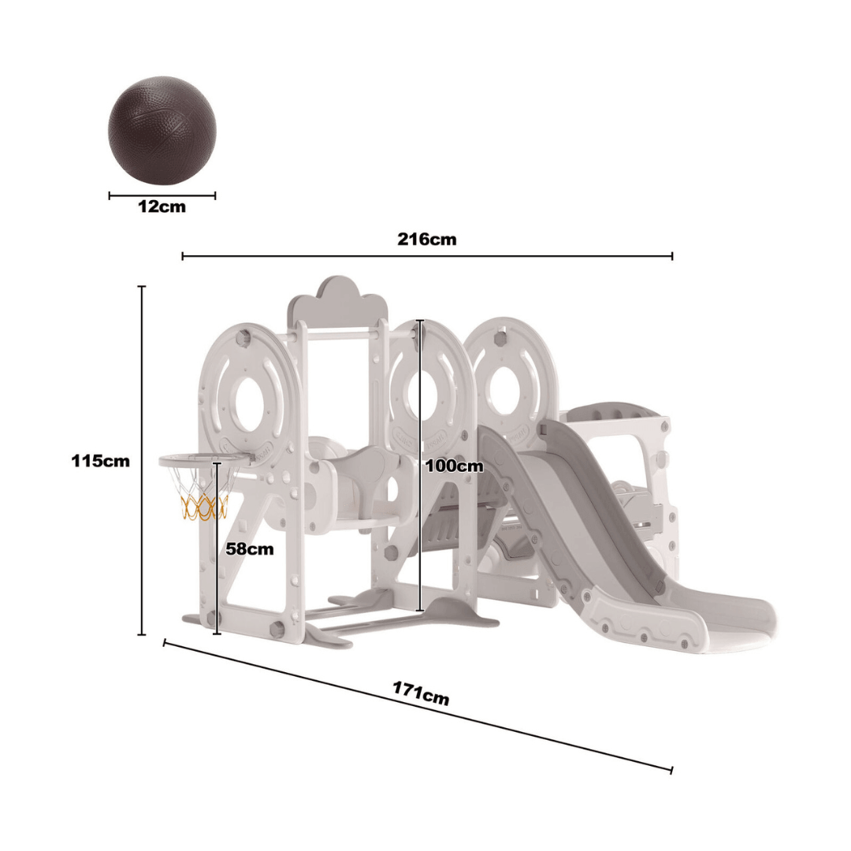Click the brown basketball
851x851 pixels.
coord(162,131)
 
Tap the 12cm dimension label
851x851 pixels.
coord(162,207)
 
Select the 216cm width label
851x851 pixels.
coord(426,239)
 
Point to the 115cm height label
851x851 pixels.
coord(100,461)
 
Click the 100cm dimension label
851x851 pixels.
coord(454,466)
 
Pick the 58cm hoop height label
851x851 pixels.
coord(250,549)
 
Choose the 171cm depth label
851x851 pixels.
coord(421,693)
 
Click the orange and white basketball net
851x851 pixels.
coord(202,504)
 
